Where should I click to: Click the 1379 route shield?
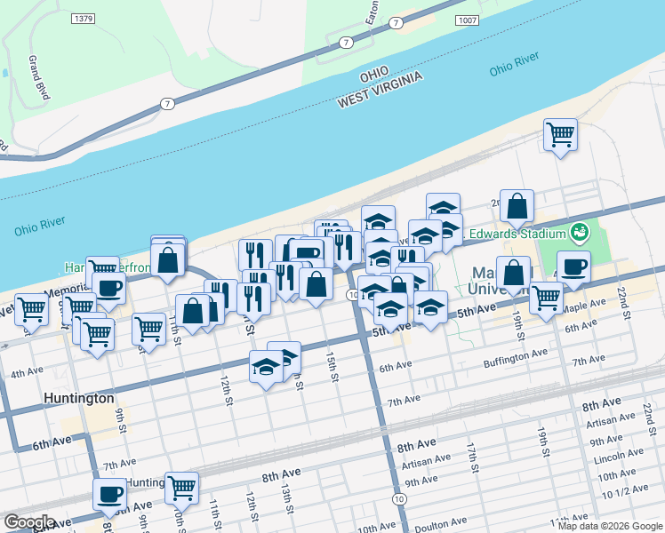coord(84,19)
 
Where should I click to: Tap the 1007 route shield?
coord(468,19)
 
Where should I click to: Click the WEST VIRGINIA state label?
coord(377,97)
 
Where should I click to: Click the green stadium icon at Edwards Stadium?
coord(581,233)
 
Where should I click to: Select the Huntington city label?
coord(78,400)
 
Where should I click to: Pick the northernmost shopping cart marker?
coord(560,135)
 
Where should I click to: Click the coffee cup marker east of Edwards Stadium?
coord(573,266)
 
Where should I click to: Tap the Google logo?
coord(29,522)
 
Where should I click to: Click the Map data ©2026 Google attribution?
coord(609,526)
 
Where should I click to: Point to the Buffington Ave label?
coord(516,354)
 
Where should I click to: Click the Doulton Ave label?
coord(442,523)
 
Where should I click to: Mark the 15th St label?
coord(332,366)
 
